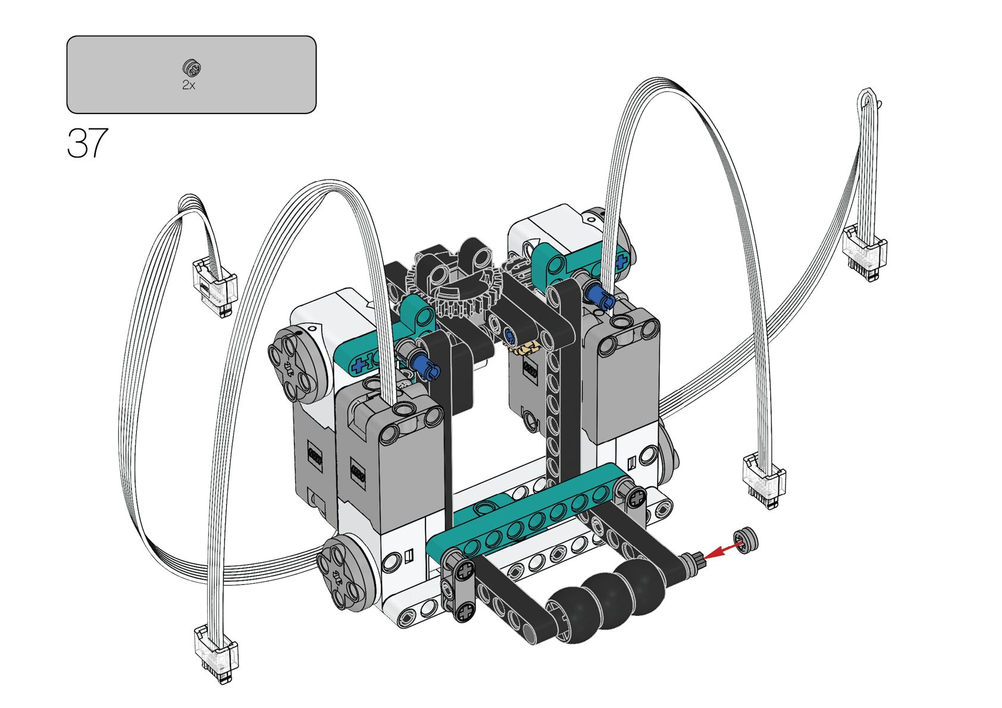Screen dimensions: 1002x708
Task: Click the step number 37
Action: click(x=87, y=143)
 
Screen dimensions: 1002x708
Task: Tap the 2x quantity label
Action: click(x=189, y=85)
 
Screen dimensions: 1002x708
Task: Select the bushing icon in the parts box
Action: click(x=192, y=68)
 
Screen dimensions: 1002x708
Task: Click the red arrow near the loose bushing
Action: click(x=724, y=550)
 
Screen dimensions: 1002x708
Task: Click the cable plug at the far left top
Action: click(x=214, y=287)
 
